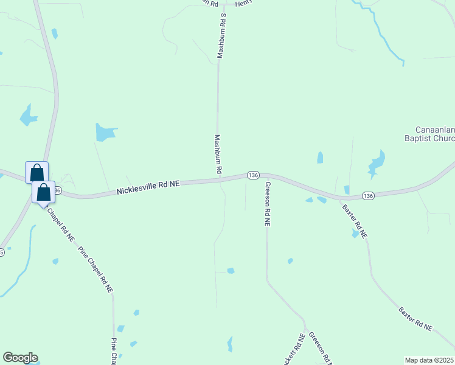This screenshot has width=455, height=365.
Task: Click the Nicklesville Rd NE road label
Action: click(148, 187)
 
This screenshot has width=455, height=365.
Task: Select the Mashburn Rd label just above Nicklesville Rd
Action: click(218, 155)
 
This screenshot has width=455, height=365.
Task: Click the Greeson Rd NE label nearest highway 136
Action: click(266, 204)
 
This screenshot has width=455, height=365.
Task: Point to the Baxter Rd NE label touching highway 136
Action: click(355, 220)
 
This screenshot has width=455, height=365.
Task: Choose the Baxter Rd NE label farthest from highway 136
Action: click(415, 319)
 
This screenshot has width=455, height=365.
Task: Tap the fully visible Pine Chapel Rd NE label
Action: click(96, 270)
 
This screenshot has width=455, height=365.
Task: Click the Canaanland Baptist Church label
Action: click(434, 134)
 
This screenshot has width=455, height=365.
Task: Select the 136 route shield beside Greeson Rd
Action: click(254, 175)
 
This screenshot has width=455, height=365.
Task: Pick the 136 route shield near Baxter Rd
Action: click(367, 195)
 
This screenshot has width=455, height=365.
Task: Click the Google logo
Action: click(20, 358)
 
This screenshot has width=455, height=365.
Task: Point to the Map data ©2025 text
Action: click(429, 360)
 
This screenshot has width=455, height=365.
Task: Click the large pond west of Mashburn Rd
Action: click(105, 131)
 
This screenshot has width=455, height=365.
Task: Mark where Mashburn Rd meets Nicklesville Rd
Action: click(219, 180)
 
